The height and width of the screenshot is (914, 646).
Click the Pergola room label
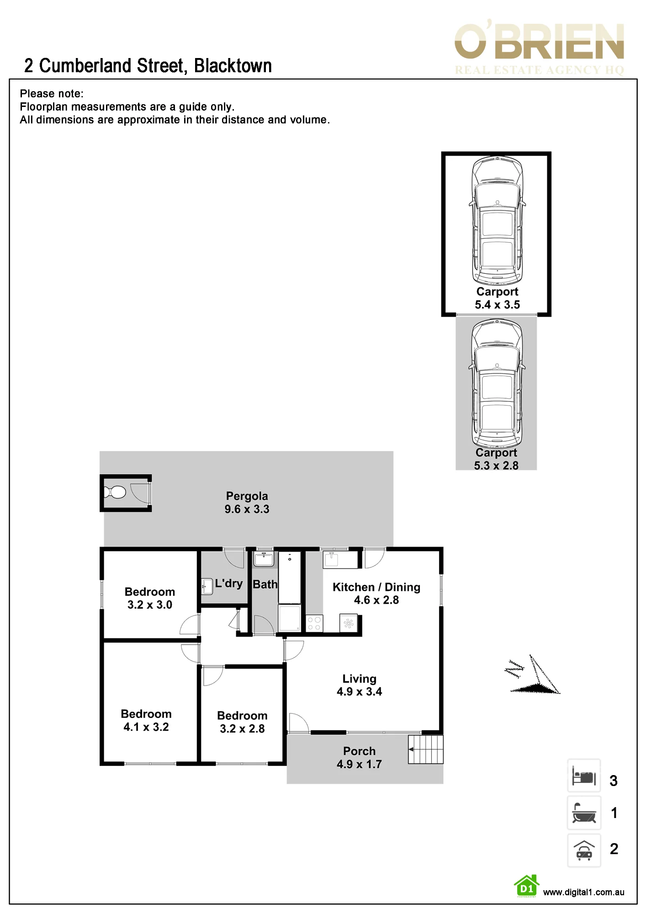(x=247, y=496)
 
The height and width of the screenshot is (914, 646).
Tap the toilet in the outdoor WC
(x=114, y=492)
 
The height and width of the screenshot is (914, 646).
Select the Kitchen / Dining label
(x=376, y=587)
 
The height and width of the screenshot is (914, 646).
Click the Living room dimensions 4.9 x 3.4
(x=359, y=692)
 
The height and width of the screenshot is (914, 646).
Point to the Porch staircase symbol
(x=425, y=749)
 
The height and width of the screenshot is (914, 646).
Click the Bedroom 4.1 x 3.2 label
(x=146, y=720)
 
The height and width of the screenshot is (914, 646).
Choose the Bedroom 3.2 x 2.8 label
(x=242, y=722)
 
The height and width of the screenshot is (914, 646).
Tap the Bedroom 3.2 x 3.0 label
(x=150, y=598)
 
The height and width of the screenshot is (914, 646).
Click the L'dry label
(x=228, y=584)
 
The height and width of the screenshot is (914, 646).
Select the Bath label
(x=265, y=585)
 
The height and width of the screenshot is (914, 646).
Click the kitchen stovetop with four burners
(x=314, y=623)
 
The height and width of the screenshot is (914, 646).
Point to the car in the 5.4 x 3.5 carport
(x=497, y=220)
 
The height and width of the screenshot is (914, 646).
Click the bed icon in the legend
(x=584, y=776)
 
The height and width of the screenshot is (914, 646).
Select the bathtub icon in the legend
(x=584, y=813)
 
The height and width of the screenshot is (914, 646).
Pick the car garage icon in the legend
(x=584, y=850)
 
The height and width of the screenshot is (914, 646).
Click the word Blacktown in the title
(x=233, y=66)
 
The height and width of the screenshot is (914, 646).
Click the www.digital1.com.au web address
(x=583, y=892)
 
